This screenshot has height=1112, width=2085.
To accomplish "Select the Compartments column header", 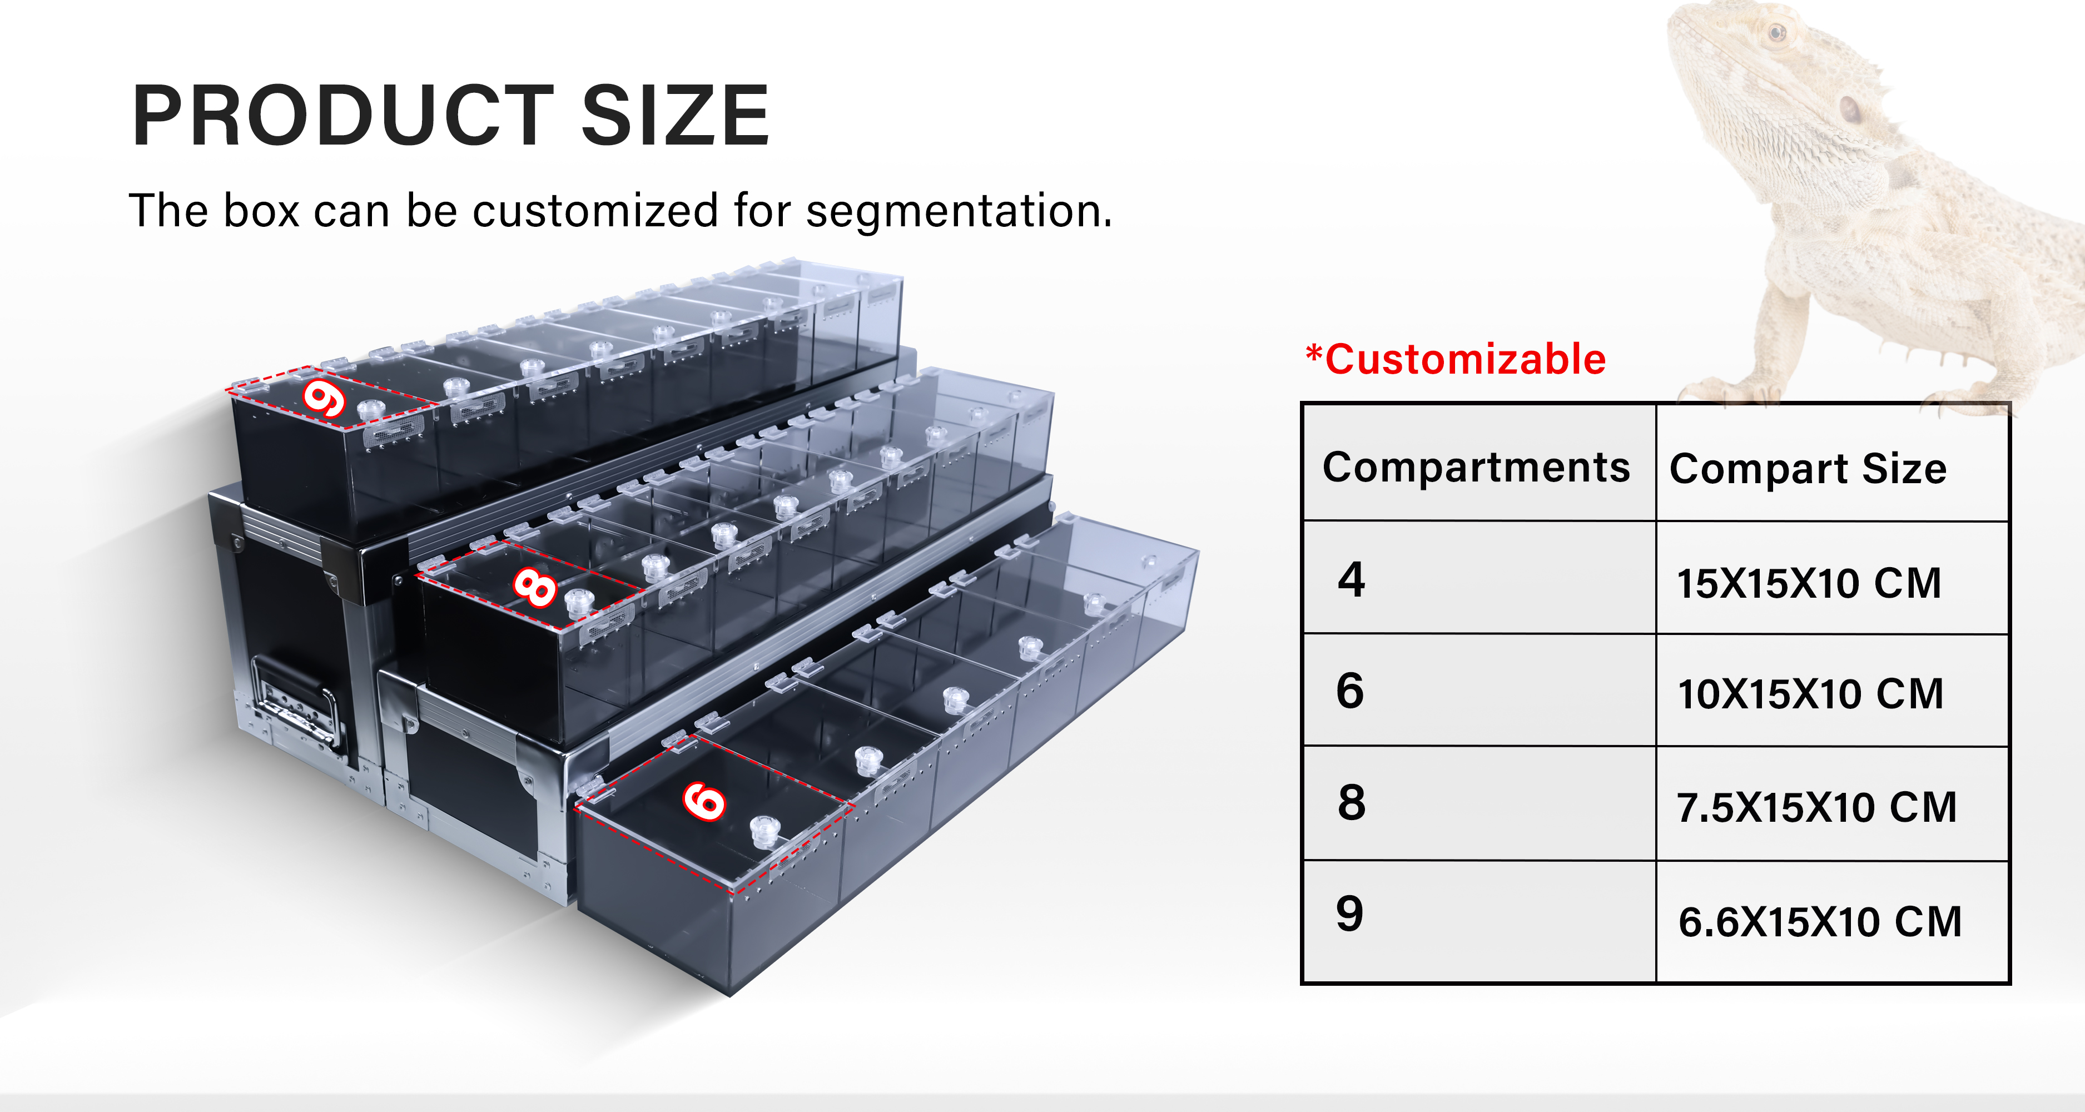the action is point(1476,468).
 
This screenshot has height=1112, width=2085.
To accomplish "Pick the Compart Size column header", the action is point(1808,469).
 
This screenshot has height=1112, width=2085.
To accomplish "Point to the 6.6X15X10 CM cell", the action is point(1820,922).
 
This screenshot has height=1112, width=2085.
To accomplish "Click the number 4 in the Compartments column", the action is point(1351,579).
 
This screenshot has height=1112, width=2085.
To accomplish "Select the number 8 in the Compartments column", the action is point(1351,803).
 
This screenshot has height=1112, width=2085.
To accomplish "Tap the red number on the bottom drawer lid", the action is point(704,801).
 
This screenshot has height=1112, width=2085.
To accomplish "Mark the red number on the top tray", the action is point(325,399).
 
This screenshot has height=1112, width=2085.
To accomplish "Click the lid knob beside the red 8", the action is point(579,603).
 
